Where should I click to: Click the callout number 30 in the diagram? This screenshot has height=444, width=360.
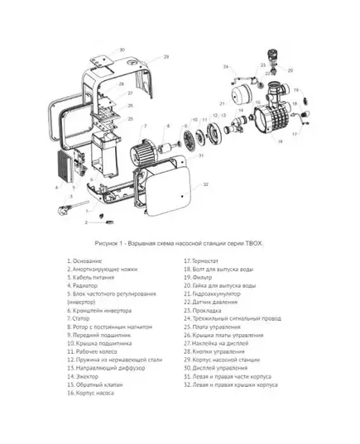[x=122, y=50]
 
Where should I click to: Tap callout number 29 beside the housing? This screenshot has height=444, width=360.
[x=166, y=57]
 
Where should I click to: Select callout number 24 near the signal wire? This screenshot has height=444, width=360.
[x=225, y=65]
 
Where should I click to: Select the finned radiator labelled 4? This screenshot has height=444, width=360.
[x=65, y=168]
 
